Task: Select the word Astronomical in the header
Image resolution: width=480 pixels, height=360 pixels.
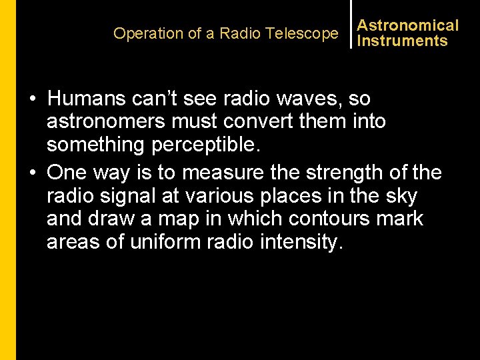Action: [x=408, y=25]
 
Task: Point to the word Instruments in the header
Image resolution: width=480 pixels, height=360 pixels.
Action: [x=402, y=41]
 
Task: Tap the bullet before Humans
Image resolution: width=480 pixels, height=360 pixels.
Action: [x=32, y=99]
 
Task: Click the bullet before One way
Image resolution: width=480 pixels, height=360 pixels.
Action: [x=32, y=173]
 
